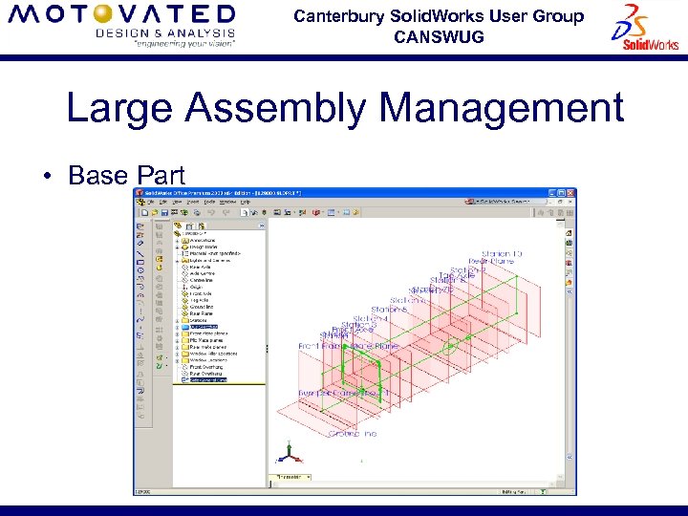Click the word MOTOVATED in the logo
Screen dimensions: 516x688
[120, 15]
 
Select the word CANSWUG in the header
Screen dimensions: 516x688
[439, 37]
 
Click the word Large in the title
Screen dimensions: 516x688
[120, 108]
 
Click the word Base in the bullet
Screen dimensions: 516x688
[99, 176]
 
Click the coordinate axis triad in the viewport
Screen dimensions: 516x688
[288, 455]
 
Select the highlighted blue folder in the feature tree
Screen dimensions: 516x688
[184, 327]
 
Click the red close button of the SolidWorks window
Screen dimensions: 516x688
[572, 193]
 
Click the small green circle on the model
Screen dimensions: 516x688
[446, 348]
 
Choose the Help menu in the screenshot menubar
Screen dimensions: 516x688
[246, 202]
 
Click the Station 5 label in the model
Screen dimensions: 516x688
[389, 310]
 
